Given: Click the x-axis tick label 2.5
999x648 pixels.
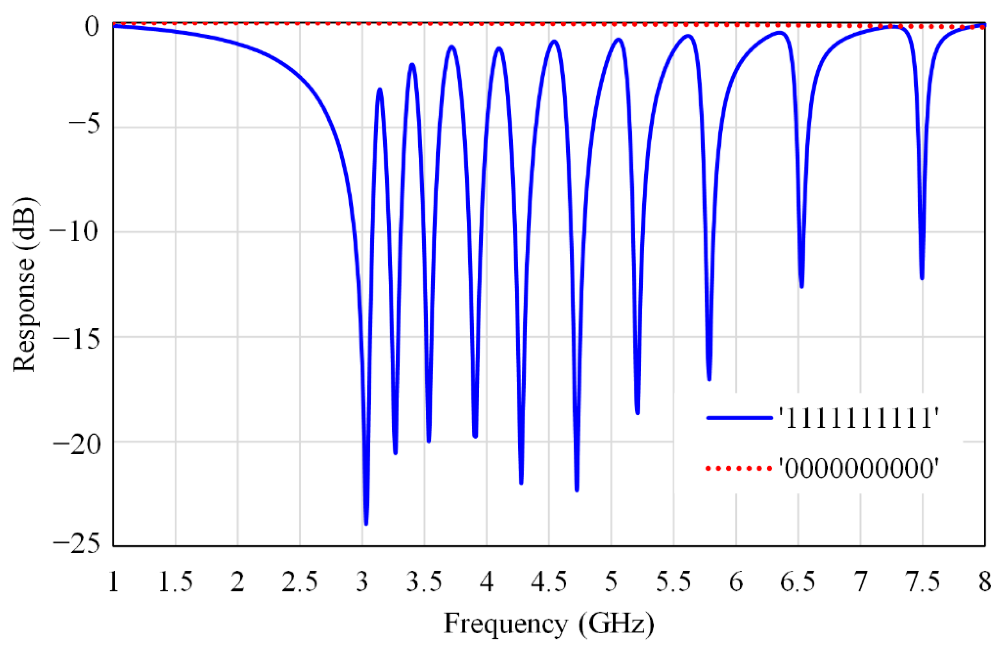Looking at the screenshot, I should tap(299, 582).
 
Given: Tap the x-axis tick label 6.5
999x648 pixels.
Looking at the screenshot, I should tap(797, 582).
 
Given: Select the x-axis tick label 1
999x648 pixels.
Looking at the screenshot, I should tap(114, 582).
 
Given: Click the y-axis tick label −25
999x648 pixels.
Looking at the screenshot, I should tap(77, 545).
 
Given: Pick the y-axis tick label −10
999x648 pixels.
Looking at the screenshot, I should tap(77, 232).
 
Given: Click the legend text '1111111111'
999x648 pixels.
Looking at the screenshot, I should tap(858, 418).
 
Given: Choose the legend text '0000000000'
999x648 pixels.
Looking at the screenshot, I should tap(858, 468).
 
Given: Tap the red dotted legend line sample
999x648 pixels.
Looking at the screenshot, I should tap(740, 468).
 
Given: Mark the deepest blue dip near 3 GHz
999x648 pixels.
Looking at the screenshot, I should tap(366, 523).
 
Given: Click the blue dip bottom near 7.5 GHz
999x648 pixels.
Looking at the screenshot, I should tap(922, 278).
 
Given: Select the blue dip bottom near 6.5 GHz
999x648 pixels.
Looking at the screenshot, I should tap(801, 286).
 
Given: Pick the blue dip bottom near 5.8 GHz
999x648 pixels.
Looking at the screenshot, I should tap(709, 379).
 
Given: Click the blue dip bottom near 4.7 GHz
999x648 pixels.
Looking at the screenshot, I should tap(577, 489).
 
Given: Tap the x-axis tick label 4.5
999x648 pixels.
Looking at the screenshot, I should tap(549, 582).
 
